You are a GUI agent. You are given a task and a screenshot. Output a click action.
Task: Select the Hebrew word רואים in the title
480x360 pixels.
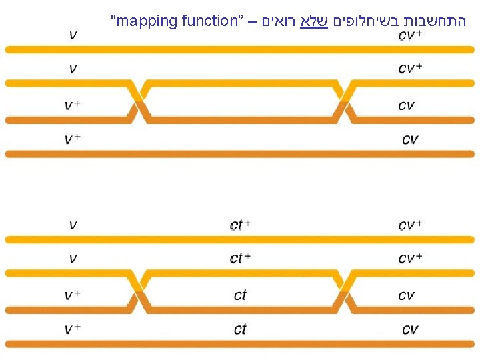coord(277,21)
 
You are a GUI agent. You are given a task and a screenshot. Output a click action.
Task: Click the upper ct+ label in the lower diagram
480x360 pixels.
coord(240,225)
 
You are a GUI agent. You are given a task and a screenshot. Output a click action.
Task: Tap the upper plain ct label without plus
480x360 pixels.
coord(240,295)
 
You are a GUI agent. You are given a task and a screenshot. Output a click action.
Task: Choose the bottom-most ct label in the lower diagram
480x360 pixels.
coord(240,329)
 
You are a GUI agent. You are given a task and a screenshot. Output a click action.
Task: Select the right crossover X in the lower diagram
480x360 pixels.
coord(343,291)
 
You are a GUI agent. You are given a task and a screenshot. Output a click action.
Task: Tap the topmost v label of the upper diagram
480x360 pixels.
coord(72,35)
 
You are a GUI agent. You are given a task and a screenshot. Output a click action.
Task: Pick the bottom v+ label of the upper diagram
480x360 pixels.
coord(72,139)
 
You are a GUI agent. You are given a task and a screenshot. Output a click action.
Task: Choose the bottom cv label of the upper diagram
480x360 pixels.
coord(409,139)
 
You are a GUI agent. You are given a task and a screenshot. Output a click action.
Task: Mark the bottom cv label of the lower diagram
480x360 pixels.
coord(409,329)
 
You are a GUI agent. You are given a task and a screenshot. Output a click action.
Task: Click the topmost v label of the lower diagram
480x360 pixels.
coord(72,225)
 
